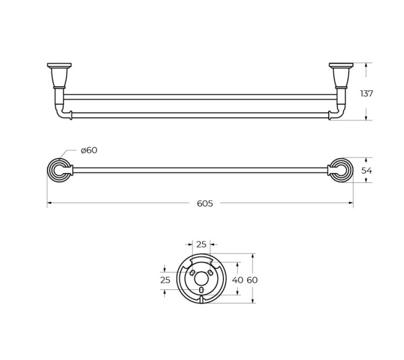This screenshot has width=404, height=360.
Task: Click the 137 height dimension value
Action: (366, 94)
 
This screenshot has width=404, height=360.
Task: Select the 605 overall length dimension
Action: (205, 204)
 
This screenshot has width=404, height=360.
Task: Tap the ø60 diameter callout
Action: (89, 150)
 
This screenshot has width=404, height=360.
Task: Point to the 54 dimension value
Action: (366, 170)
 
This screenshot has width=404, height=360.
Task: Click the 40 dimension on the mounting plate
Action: (238, 280)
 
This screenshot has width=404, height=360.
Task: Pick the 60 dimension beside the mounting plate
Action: (252, 280)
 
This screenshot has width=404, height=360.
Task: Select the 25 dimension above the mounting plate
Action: (201, 244)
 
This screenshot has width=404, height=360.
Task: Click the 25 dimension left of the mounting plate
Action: (165, 280)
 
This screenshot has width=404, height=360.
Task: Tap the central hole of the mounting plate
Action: (201, 279)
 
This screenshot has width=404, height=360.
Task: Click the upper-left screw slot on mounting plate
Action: (192, 273)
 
